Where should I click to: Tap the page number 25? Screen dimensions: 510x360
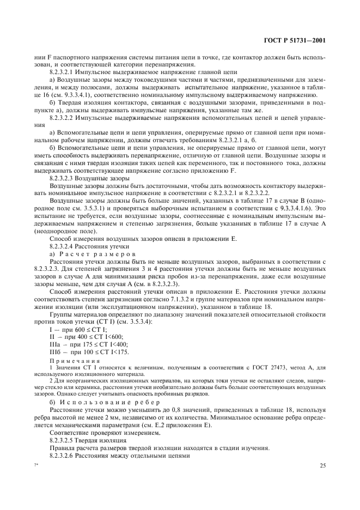coord(323,465)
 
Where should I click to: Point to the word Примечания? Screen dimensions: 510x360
coord(68,360)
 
